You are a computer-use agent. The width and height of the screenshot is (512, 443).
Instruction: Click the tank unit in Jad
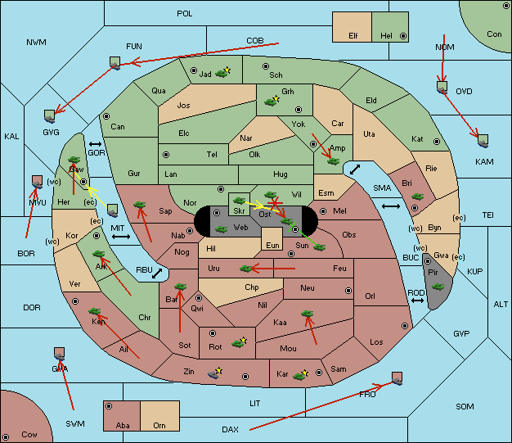tap(222, 74)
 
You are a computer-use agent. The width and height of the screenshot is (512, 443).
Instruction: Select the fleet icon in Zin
tap(213, 374)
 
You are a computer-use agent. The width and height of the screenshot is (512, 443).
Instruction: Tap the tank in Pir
tap(438, 287)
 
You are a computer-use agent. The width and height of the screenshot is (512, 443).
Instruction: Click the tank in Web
tap(221, 229)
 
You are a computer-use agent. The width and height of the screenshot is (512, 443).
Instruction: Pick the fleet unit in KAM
tap(483, 141)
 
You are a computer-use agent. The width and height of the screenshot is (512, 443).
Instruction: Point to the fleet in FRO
tap(397, 378)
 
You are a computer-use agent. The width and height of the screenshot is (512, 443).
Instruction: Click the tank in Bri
tap(417, 197)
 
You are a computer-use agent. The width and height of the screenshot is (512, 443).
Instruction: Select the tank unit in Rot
tap(238, 343)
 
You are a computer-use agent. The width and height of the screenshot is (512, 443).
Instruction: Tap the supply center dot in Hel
tap(403, 36)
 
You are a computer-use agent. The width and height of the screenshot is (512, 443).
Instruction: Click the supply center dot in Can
tap(106, 116)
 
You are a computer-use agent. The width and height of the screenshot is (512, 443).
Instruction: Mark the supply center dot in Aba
tap(109, 406)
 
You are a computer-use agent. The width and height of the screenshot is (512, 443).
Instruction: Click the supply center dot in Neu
tap(348, 291)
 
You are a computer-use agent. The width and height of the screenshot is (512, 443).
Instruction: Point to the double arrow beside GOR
tap(95, 144)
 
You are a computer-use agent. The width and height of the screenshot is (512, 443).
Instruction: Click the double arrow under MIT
tap(121, 237)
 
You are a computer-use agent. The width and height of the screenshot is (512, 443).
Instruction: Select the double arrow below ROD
tap(417, 301)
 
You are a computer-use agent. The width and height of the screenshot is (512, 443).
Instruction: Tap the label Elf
tap(353, 36)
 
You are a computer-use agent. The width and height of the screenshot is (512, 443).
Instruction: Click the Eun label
tap(272, 245)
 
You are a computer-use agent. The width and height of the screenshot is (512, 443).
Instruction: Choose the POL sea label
tap(185, 14)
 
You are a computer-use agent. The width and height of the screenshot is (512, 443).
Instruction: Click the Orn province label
tap(159, 425)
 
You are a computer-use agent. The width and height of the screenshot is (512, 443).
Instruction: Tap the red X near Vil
tap(275, 203)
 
